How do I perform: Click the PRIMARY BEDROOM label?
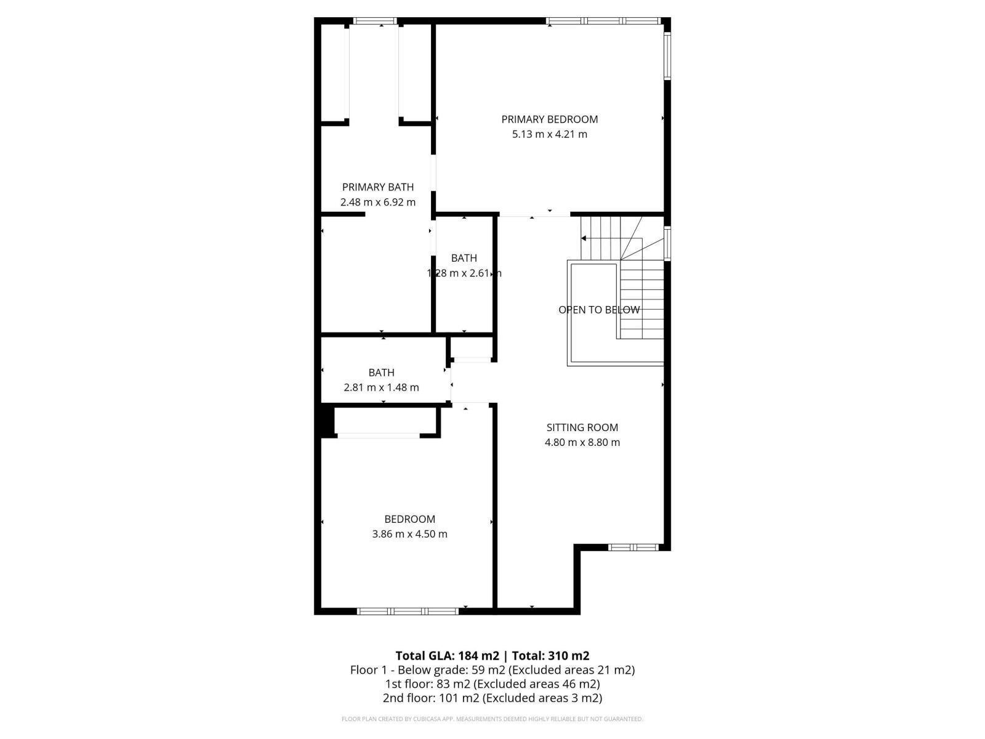pyautogui.click(x=549, y=119)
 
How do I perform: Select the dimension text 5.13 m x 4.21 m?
pyautogui.click(x=549, y=134)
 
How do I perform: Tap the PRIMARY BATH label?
pyautogui.click(x=377, y=187)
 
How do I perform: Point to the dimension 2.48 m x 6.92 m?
pyautogui.click(x=377, y=202)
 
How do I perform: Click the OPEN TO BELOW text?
pyautogui.click(x=598, y=310)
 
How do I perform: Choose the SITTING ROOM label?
pyautogui.click(x=582, y=427)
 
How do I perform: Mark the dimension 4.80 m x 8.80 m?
pyautogui.click(x=582, y=442)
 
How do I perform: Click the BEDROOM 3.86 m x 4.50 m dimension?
pyautogui.click(x=409, y=534)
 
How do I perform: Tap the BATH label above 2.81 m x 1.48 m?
pyautogui.click(x=381, y=373)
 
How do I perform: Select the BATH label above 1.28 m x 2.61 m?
pyautogui.click(x=464, y=258)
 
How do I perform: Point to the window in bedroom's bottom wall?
pyautogui.click(x=408, y=611)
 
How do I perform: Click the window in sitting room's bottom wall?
pyautogui.click(x=633, y=547)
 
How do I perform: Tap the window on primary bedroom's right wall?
pyautogui.click(x=667, y=55)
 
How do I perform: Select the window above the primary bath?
pyautogui.click(x=375, y=22)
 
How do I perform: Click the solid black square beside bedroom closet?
pyautogui.click(x=324, y=421)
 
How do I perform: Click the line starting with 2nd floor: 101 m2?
pyautogui.click(x=492, y=698)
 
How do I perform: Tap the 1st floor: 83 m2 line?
pyautogui.click(x=492, y=684)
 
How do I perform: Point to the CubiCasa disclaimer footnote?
pyautogui.click(x=492, y=719)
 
